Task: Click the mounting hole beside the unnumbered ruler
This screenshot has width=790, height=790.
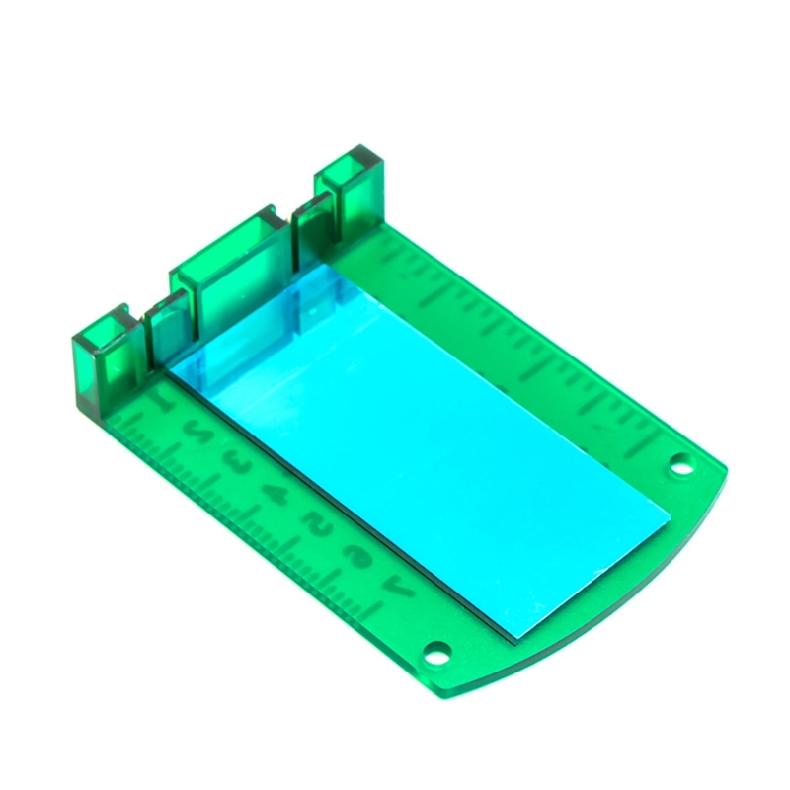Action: coord(678,462)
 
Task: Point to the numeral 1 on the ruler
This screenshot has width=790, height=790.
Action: coord(161,401)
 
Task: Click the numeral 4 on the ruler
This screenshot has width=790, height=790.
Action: coord(277,491)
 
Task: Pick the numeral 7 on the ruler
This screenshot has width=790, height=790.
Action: coord(402,589)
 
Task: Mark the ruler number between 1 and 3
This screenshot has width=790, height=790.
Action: coord(197,432)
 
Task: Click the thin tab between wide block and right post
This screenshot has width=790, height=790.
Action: coord(313,222)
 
